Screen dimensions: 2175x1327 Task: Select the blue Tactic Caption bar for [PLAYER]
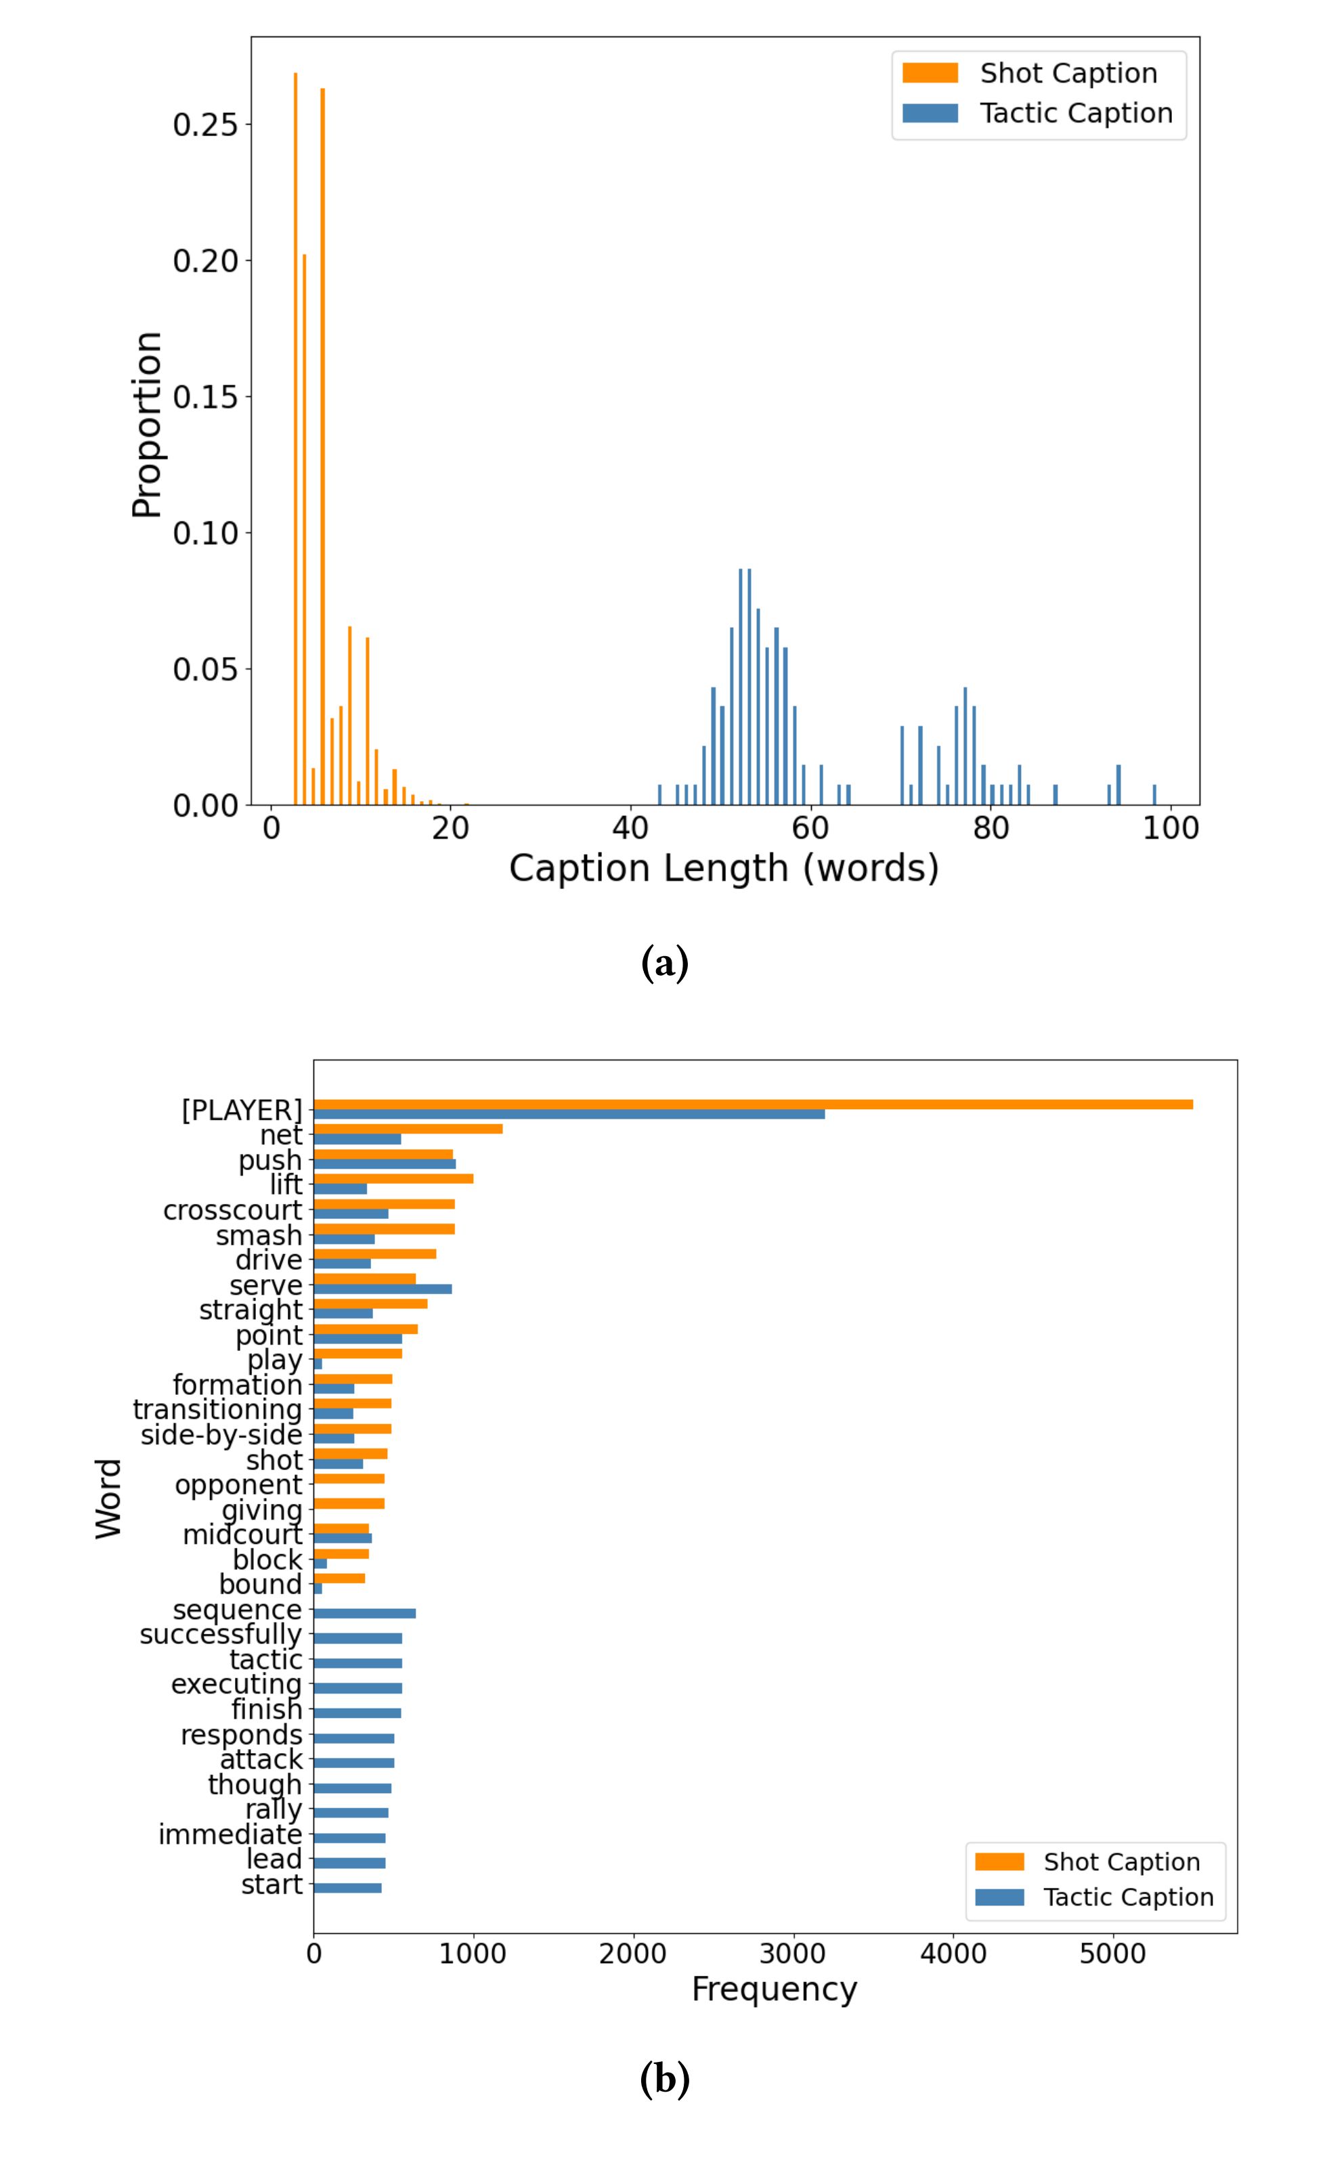[x=569, y=1114]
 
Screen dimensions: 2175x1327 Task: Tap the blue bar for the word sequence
[x=364, y=1614]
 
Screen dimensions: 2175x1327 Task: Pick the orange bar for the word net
[x=408, y=1129]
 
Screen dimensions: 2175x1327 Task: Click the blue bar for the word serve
[x=382, y=1289]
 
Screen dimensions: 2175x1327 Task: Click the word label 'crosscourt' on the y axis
[x=233, y=1210]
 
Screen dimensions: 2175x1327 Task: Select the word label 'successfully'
[x=221, y=1634]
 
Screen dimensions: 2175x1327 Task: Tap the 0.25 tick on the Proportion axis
[x=206, y=125]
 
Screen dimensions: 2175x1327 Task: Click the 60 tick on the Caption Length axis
[x=810, y=828]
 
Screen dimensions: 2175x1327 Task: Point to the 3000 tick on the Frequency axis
[x=792, y=1954]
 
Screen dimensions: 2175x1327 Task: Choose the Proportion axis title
[x=146, y=424]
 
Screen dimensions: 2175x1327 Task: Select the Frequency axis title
[x=774, y=1989]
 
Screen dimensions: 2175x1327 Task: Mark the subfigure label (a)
[x=664, y=963]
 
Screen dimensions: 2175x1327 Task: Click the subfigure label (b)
[x=664, y=2079]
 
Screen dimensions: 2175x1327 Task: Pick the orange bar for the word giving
[x=349, y=1503]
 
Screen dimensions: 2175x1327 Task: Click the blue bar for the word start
[x=347, y=1887]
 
